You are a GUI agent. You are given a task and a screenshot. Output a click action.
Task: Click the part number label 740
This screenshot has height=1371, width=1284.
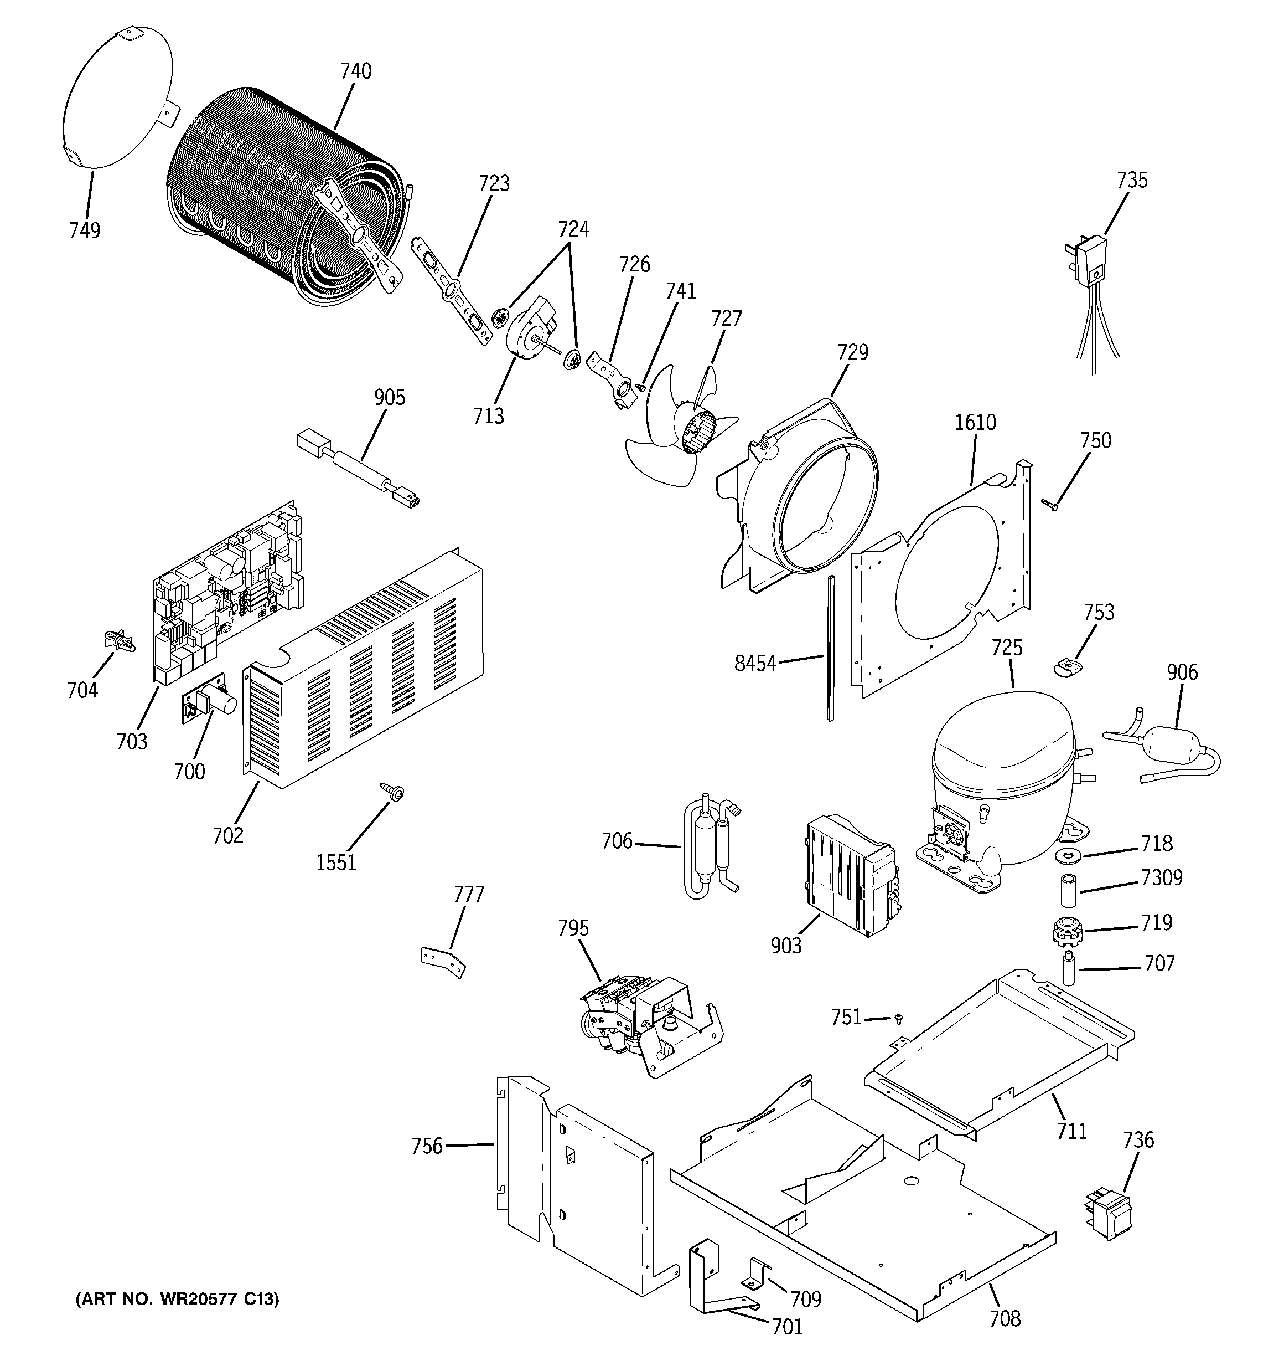[x=356, y=71]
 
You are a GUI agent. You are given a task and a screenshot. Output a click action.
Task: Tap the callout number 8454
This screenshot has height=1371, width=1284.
[x=755, y=664]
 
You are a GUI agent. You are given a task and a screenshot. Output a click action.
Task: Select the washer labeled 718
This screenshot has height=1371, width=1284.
[x=1069, y=856]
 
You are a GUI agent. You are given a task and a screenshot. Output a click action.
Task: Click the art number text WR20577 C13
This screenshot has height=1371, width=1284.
[x=177, y=1300]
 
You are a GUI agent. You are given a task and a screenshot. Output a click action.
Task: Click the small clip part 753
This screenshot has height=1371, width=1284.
[x=1068, y=667]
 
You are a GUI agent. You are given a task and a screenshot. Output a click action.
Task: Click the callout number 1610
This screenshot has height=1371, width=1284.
[x=975, y=422]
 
